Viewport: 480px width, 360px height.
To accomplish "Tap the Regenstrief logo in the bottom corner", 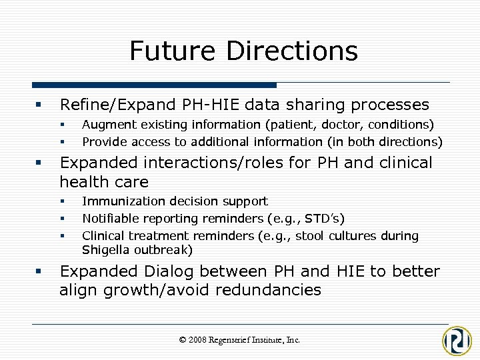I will (457, 340).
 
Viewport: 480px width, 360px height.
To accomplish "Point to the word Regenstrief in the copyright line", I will (235, 339).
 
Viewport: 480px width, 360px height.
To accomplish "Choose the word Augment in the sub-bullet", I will (104, 125).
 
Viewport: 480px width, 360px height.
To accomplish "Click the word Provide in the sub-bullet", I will (102, 141).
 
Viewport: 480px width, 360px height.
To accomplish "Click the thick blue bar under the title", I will (154, 85).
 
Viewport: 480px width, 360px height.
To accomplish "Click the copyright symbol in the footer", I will (183, 340).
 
